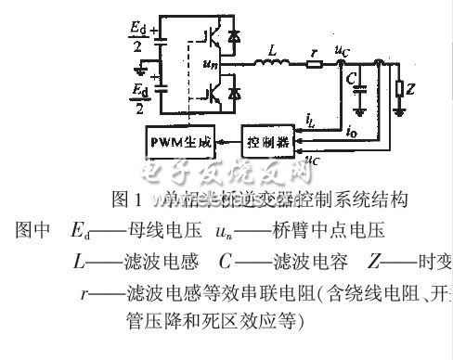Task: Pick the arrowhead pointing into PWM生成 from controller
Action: coord(220,144)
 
